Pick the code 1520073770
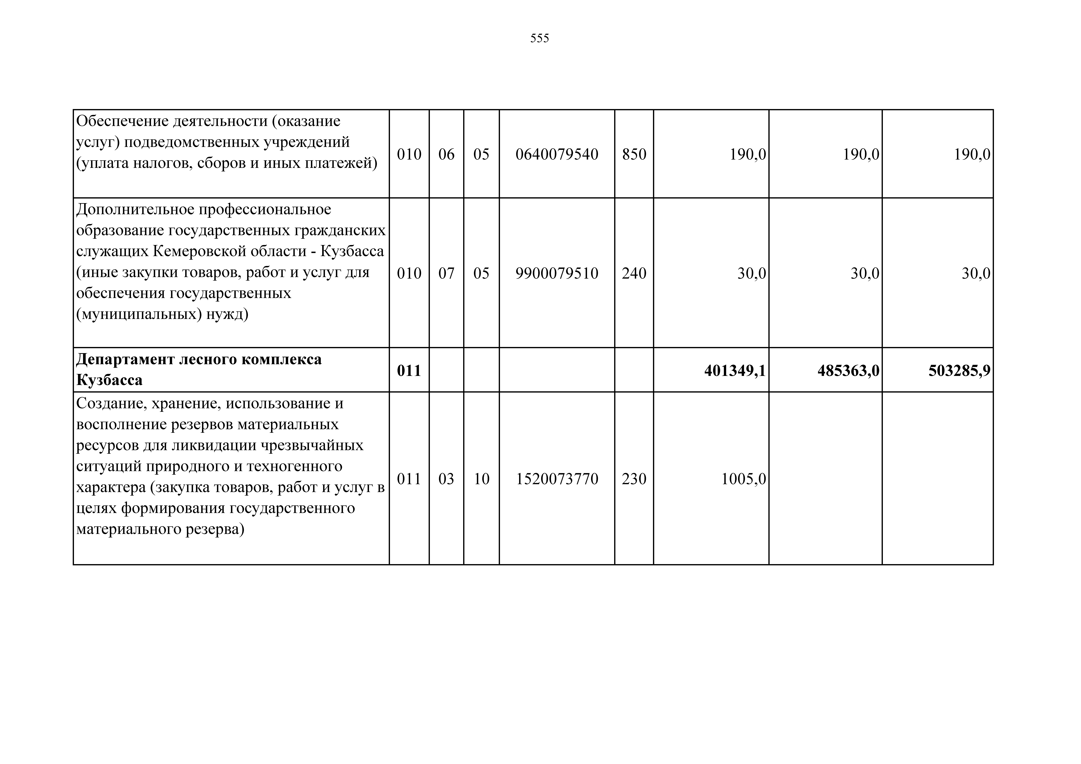pos(557,479)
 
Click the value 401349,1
pos(735,371)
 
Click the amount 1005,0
pos(743,479)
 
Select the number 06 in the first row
pos(446,154)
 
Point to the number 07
pos(446,274)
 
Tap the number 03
pos(446,479)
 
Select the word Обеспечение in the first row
pos(122,122)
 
